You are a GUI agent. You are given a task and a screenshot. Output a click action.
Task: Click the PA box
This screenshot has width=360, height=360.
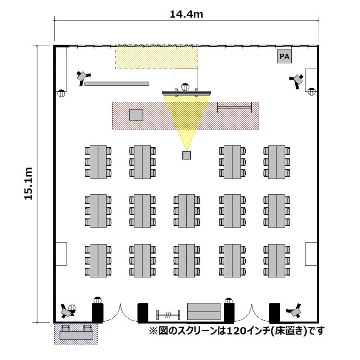pyautogui.click(x=284, y=57)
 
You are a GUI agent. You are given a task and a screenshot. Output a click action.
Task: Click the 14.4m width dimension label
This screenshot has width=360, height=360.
pyautogui.click(x=186, y=14)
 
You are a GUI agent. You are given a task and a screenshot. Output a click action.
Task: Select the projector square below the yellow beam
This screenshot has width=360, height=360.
pyautogui.click(x=187, y=155)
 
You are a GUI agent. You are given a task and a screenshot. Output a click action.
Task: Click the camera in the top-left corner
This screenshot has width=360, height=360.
pyautogui.click(x=84, y=76)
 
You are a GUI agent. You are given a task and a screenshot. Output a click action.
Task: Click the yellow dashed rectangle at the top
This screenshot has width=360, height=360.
pyautogui.click(x=156, y=57)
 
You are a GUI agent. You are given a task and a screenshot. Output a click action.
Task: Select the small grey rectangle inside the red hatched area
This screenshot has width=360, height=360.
pyautogui.click(x=136, y=115)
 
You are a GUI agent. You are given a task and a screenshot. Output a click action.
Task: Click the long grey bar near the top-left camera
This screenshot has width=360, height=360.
pyautogui.click(x=117, y=84)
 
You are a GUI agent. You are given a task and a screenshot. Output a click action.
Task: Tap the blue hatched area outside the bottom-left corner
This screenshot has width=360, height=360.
pyautogui.click(x=75, y=333)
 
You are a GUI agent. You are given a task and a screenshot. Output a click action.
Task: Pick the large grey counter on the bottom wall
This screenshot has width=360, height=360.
pyautogui.click(x=204, y=311)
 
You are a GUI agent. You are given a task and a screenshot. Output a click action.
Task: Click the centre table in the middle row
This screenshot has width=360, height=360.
pyautogui.click(x=187, y=210)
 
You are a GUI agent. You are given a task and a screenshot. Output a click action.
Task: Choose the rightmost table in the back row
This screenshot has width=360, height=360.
pyautogui.click(x=277, y=260)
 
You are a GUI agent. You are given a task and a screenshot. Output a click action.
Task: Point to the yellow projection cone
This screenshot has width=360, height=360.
pyautogui.click(x=187, y=118)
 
